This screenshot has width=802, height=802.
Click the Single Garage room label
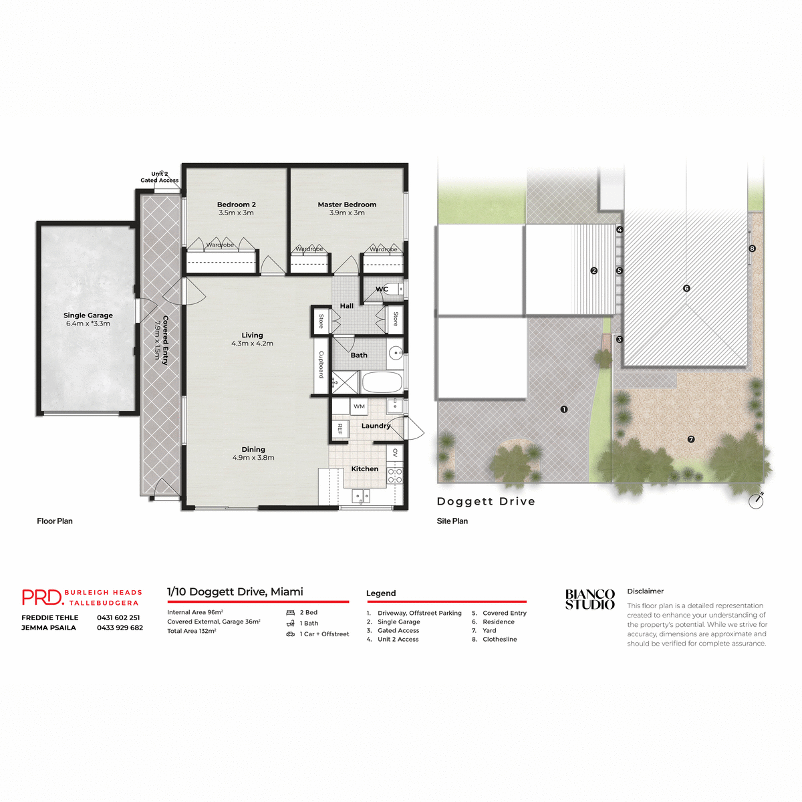(88, 315)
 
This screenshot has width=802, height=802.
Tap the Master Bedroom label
(347, 205)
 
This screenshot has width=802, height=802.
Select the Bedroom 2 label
(236, 205)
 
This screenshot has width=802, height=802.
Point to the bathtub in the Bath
(382, 383)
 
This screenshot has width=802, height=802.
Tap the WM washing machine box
(359, 406)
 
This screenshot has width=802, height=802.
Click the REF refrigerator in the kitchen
(340, 428)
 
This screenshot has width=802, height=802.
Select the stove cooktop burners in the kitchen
(395, 475)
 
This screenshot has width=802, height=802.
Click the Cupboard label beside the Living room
(321, 365)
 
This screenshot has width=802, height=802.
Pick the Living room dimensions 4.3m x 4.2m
(252, 344)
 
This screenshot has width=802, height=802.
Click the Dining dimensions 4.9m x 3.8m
(253, 458)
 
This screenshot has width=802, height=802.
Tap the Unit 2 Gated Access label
(159, 177)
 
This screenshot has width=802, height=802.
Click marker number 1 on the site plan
(564, 409)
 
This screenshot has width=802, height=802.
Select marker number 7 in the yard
(691, 439)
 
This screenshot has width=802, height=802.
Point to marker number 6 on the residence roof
(686, 289)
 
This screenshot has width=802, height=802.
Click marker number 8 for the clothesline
(752, 249)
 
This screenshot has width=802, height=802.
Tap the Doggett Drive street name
(486, 501)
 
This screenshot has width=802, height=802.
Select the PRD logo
(41, 597)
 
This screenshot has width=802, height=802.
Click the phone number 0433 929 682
(120, 628)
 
